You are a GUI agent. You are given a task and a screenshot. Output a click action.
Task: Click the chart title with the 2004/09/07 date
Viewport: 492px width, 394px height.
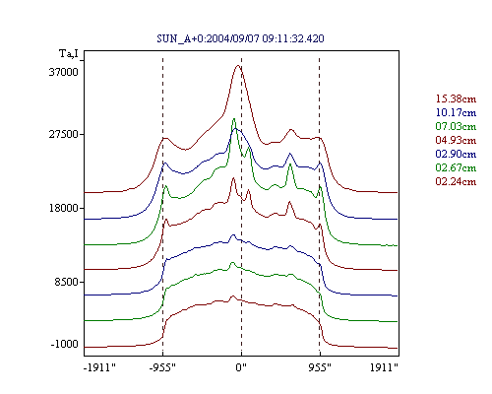click(x=240, y=38)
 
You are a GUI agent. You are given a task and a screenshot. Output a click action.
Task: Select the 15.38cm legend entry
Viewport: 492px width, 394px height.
click(x=456, y=98)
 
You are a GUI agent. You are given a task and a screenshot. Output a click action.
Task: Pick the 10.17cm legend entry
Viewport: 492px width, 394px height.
click(x=456, y=112)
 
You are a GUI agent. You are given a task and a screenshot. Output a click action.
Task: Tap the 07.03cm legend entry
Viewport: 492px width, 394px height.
click(x=456, y=126)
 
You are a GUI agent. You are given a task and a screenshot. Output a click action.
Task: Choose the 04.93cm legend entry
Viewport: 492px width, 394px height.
click(x=456, y=140)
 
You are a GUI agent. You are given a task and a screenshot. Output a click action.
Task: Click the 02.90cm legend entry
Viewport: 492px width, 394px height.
click(x=456, y=154)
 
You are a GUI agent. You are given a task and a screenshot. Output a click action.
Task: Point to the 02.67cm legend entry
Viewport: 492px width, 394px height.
click(x=456, y=167)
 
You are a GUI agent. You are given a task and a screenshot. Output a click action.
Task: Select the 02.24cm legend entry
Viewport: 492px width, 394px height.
click(x=456, y=181)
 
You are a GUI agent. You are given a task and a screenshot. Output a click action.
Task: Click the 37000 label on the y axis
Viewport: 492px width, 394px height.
click(x=64, y=72)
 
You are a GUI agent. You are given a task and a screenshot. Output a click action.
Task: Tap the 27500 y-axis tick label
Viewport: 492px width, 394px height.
click(x=64, y=134)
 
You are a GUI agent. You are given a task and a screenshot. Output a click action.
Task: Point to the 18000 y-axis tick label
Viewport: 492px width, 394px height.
click(x=64, y=208)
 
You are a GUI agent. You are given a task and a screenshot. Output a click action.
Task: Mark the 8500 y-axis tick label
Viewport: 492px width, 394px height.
click(x=67, y=282)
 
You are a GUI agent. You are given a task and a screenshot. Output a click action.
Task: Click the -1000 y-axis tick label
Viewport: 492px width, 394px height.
click(x=65, y=344)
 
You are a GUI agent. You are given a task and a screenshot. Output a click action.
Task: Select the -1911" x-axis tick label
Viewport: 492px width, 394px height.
click(x=100, y=367)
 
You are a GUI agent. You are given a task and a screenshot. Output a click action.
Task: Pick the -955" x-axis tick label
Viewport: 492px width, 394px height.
click(x=162, y=367)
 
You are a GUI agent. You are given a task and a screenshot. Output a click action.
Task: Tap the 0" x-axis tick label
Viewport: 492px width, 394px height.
click(x=241, y=367)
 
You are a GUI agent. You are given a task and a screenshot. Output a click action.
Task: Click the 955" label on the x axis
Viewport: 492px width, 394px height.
click(x=320, y=367)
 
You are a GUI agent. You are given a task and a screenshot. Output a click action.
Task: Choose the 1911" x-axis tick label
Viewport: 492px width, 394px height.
click(x=384, y=367)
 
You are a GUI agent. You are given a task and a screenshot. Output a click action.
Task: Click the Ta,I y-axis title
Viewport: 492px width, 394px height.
click(x=69, y=53)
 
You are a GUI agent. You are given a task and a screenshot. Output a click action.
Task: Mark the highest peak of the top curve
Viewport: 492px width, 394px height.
click(x=238, y=66)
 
